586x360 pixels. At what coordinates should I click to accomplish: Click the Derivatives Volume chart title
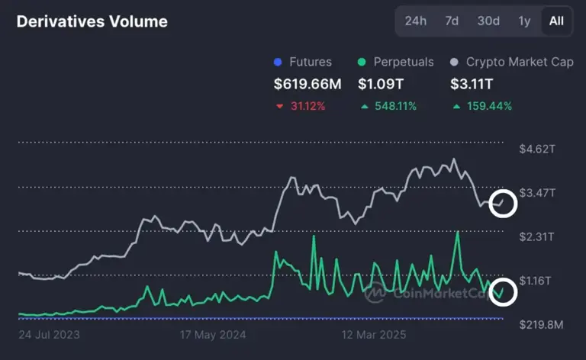click(92, 21)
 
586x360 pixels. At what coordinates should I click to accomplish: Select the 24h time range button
click(416, 21)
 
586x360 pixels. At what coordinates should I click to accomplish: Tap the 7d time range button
click(452, 21)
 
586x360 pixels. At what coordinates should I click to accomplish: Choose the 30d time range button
click(488, 21)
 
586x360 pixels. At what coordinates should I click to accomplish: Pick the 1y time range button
click(524, 21)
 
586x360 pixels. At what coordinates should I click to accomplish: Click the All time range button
click(556, 21)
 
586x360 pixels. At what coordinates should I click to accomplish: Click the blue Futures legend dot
click(278, 63)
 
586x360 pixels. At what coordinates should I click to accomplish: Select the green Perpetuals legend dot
click(362, 63)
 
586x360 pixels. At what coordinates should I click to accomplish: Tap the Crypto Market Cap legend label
click(520, 63)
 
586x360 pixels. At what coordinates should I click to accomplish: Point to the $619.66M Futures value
click(308, 84)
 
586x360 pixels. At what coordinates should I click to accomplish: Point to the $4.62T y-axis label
click(537, 149)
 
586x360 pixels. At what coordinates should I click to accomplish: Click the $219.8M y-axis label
click(540, 325)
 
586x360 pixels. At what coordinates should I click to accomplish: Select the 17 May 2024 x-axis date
click(214, 334)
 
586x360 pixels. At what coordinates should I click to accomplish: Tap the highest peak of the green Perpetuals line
click(458, 232)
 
